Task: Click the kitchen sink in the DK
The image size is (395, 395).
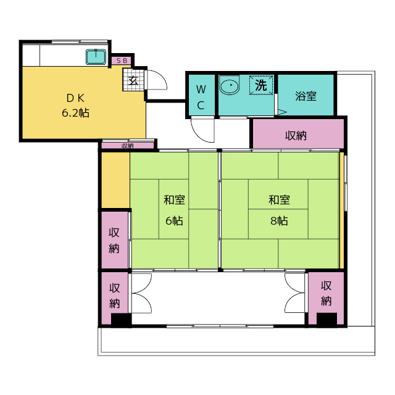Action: click(x=96, y=57)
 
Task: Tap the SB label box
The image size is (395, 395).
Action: click(x=122, y=60)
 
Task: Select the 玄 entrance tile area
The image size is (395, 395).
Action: click(x=133, y=79)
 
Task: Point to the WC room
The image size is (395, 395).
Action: click(x=201, y=96)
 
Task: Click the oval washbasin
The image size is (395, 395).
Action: click(x=230, y=85)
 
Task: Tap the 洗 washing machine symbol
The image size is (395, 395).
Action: click(x=261, y=85)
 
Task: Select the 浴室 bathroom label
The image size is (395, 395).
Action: click(x=306, y=96)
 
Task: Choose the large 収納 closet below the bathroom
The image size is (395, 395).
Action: click(x=299, y=134)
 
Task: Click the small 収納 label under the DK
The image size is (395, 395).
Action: click(x=128, y=146)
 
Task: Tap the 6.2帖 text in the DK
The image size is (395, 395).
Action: click(x=75, y=112)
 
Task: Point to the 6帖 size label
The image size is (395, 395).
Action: click(x=174, y=221)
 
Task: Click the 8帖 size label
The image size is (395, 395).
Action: click(x=279, y=221)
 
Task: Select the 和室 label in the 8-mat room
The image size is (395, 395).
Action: click(x=279, y=200)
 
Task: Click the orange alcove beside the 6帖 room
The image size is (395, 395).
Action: click(x=115, y=180)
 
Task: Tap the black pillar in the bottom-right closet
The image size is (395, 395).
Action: click(x=326, y=319)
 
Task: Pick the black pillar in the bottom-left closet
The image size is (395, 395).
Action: click(x=121, y=320)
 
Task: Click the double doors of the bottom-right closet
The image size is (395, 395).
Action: click(x=295, y=293)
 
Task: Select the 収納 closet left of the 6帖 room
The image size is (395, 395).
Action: click(x=115, y=240)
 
